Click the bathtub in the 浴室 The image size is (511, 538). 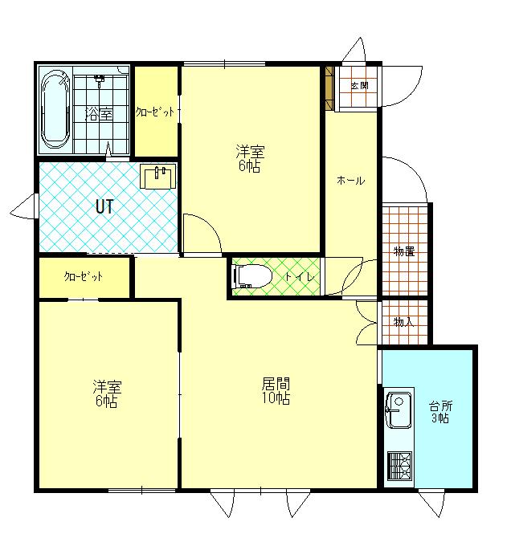55,110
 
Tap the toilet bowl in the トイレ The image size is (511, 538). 252,275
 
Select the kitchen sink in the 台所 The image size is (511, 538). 399,410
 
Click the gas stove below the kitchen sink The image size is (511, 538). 400,466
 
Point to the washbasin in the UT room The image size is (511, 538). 158,177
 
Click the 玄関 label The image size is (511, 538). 360,85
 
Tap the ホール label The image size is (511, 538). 350,180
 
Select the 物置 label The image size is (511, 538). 404,251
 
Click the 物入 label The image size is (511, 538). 403,322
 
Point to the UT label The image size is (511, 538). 104,206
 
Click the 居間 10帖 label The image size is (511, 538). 276,391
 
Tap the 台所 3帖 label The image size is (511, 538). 440,412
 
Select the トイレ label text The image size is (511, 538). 300,276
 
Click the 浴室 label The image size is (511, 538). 99,114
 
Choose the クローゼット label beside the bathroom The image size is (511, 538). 155,112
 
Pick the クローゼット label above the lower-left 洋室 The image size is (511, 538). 84,276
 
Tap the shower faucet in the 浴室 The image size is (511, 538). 100,80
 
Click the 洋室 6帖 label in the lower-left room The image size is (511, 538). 107,393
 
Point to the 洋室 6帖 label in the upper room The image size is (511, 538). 250,158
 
